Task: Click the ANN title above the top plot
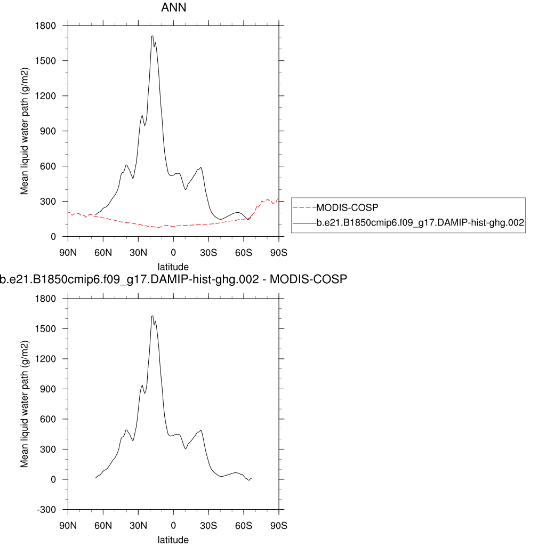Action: click(x=173, y=8)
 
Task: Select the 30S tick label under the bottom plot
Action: click(x=208, y=525)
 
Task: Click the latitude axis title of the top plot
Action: click(x=173, y=266)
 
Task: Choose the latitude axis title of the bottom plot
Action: click(x=173, y=540)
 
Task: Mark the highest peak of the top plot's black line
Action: click(x=152, y=36)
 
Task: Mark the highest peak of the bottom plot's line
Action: click(x=152, y=316)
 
